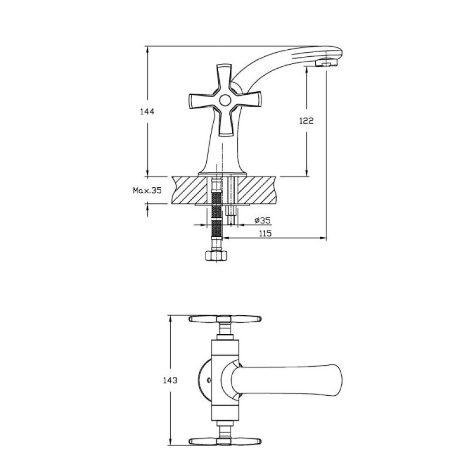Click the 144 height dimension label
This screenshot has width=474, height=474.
(147, 111)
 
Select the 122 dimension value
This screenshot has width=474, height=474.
(306, 121)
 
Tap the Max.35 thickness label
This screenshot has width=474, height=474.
(148, 190)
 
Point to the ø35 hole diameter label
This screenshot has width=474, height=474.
(262, 220)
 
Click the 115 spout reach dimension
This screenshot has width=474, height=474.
(265, 233)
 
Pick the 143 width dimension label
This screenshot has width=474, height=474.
(170, 380)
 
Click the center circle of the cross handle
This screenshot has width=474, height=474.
(225, 100)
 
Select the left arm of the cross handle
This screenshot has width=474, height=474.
(203, 101)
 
